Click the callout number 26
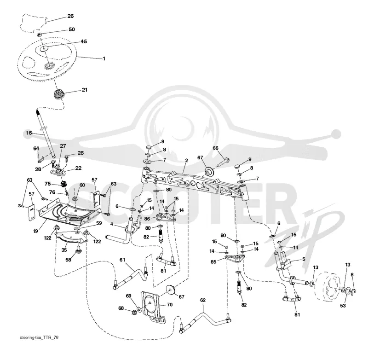coord(70,16)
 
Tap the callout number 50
coord(72,29)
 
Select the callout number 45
coord(84,41)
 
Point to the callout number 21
coord(85,90)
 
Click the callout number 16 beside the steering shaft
coord(29,133)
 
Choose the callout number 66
coord(215,148)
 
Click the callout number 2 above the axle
coord(187,161)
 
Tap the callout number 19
coord(35,231)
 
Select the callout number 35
coord(64,250)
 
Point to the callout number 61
coord(122,260)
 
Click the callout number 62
coord(203,300)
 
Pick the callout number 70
coord(170,305)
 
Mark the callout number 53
coord(343,306)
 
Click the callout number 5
coord(304,259)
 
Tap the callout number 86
coord(147,219)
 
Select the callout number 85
coord(213,261)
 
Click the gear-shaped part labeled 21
coord(57,95)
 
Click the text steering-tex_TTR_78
coord(39,337)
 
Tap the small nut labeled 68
coord(135,312)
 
